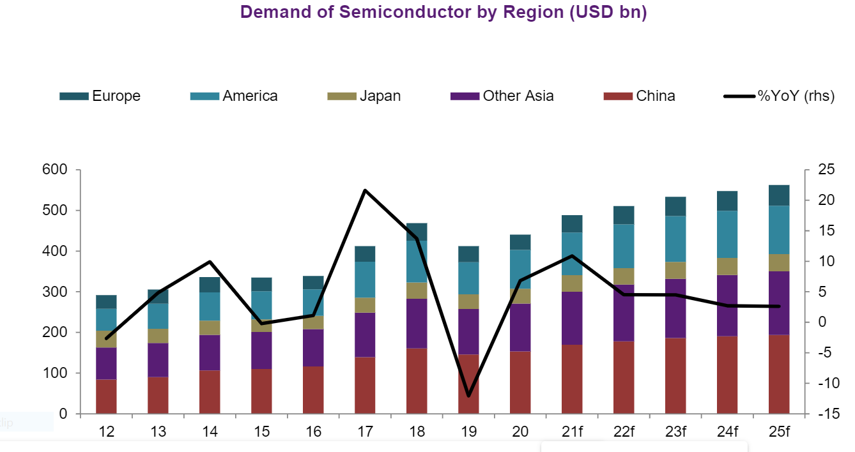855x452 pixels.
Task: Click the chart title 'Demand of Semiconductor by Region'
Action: coord(444,12)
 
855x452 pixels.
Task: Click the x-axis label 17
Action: coord(365,432)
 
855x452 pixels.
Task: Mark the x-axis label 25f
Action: coord(779,432)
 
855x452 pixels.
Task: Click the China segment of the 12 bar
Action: coord(106,396)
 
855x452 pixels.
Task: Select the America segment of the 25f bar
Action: coord(779,230)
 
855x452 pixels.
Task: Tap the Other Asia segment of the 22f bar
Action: coord(624,313)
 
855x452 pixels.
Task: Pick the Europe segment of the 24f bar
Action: coord(727,200)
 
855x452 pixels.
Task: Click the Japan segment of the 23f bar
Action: coord(675,270)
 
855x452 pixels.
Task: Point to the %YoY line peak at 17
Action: coord(365,190)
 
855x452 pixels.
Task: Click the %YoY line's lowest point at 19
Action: coord(468,396)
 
